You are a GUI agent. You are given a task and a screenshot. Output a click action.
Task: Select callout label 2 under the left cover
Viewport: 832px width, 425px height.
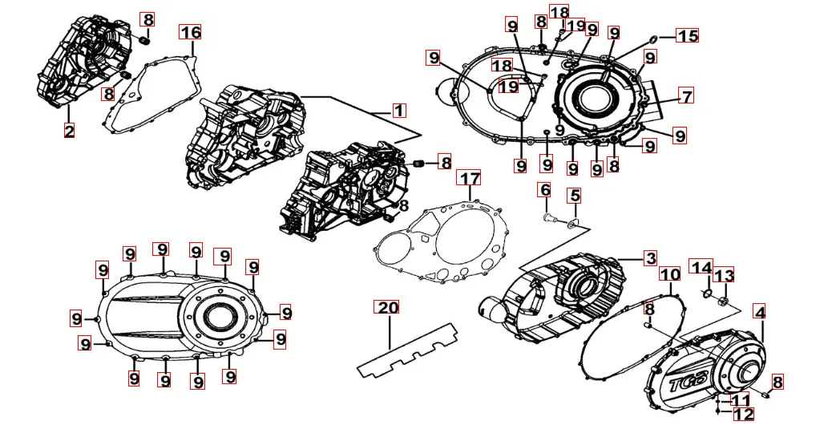pyautogui.click(x=70, y=130)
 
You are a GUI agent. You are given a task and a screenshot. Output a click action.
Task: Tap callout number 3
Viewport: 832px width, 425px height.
pyautogui.click(x=651, y=258)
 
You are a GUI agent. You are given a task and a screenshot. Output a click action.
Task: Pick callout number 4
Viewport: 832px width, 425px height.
pyautogui.click(x=759, y=310)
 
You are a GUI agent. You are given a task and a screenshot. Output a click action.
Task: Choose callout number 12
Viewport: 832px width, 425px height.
pyautogui.click(x=743, y=414)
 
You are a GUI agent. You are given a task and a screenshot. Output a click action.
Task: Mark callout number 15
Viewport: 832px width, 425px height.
pyautogui.click(x=688, y=36)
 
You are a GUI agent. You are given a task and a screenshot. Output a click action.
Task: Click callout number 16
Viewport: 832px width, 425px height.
pyautogui.click(x=190, y=32)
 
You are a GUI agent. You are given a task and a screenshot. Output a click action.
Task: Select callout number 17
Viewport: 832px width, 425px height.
pyautogui.click(x=470, y=177)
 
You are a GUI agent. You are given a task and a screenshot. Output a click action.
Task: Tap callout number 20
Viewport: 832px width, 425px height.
pyautogui.click(x=388, y=309)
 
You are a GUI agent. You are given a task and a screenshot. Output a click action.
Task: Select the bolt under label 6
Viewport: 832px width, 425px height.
pyautogui.click(x=547, y=216)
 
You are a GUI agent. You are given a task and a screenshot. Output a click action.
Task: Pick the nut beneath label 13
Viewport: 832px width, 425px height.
pyautogui.click(x=724, y=302)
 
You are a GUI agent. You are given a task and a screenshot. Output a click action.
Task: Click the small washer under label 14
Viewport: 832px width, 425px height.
pyautogui.click(x=705, y=293)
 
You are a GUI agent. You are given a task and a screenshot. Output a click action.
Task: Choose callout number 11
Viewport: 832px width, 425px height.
pyautogui.click(x=741, y=399)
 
